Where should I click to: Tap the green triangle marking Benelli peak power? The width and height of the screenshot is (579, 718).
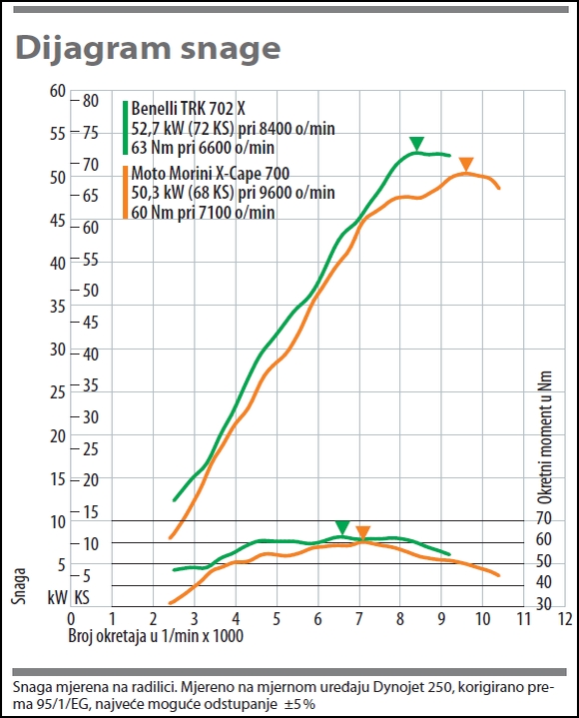(x=416, y=144)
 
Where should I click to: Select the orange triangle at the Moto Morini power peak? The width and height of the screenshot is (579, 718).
(x=466, y=165)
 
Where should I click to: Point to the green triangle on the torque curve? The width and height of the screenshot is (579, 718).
(x=341, y=527)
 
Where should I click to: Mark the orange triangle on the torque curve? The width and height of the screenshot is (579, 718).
(x=362, y=533)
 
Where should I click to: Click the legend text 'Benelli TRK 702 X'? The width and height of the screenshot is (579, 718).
(x=188, y=109)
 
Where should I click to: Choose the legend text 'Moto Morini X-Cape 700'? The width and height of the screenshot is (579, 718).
(x=210, y=174)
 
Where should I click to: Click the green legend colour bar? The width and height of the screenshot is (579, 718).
(x=125, y=128)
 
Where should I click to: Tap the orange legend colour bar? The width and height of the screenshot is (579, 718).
(x=125, y=193)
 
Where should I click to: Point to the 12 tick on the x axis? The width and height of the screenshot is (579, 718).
(x=565, y=619)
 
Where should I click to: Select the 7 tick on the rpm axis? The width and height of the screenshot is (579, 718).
(x=358, y=619)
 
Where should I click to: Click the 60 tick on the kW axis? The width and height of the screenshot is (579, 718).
(x=58, y=91)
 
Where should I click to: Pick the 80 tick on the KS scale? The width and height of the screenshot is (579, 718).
(x=91, y=101)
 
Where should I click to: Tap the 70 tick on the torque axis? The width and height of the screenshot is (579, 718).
(x=544, y=519)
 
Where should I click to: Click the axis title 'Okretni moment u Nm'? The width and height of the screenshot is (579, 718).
(x=544, y=437)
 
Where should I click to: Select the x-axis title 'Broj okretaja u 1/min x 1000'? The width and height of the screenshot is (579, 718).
(x=156, y=635)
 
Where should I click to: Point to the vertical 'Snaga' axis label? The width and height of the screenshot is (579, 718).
(x=19, y=585)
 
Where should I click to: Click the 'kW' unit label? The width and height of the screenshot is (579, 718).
(x=57, y=597)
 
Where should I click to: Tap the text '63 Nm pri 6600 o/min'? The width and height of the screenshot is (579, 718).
(x=203, y=148)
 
